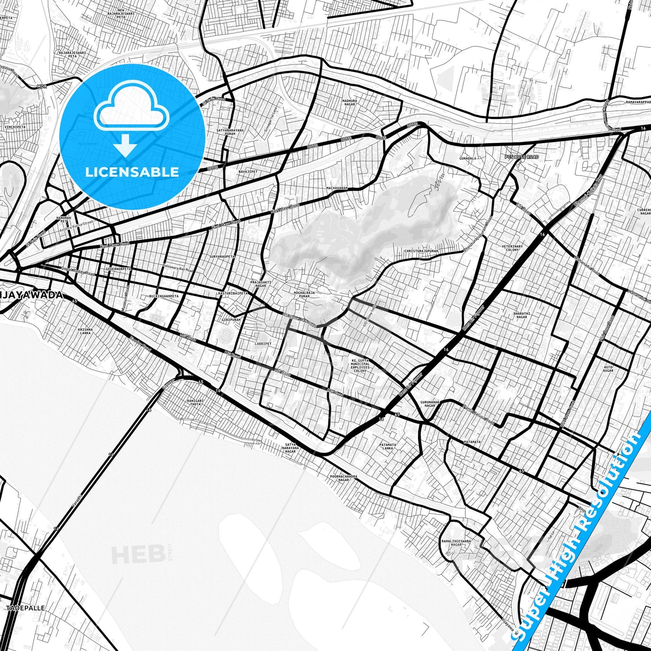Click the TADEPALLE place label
click(x=26, y=608)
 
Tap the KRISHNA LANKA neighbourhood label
click(x=85, y=331)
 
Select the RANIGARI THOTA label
click(x=195, y=402)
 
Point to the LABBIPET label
click(x=263, y=343)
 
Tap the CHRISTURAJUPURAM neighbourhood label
click(x=421, y=251)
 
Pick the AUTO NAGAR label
click(x=608, y=369)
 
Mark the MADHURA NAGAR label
click(x=349, y=102)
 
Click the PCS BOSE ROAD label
click(x=521, y=157)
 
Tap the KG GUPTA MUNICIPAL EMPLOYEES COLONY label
click(x=360, y=365)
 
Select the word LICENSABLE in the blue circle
click(x=132, y=172)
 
